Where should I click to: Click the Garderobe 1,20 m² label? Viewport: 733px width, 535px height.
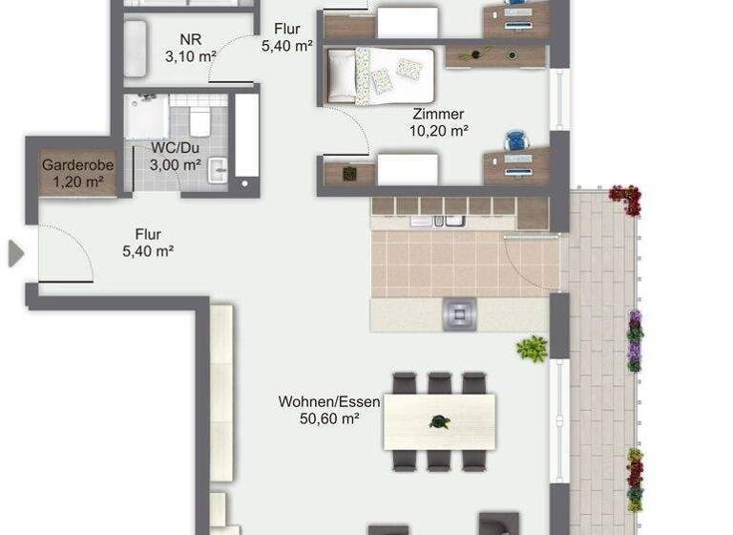(78, 172)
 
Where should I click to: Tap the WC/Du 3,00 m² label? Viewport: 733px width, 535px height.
(176, 156)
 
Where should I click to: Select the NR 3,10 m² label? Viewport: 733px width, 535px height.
(190, 49)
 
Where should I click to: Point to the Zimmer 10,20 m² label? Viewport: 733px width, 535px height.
(438, 122)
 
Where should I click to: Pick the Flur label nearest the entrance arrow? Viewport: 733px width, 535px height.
(147, 243)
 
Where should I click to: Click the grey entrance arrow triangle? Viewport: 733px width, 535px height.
(15, 253)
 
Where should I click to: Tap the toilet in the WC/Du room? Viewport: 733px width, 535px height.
(199, 121)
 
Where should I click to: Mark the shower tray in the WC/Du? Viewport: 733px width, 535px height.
(145, 116)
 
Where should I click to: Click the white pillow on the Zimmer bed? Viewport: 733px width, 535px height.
(341, 75)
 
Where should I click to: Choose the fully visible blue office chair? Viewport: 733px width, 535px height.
(516, 141)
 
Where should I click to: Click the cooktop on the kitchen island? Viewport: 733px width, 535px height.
(459, 312)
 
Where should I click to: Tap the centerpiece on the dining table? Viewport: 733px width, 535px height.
(439, 421)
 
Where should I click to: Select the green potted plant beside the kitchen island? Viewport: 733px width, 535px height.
(532, 349)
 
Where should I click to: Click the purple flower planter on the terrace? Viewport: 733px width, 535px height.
(635, 339)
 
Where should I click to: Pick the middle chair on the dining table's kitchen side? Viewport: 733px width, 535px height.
(439, 383)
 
